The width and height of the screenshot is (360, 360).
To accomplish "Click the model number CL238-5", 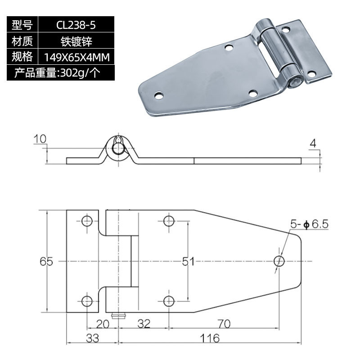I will [x=76, y=25].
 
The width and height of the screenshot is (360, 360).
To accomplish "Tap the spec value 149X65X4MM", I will [x=76, y=57].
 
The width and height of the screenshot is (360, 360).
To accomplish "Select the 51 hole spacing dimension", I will [x=188, y=261].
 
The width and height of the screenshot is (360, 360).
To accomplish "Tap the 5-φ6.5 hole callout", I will [x=310, y=224].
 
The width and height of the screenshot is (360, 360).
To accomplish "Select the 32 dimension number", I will [x=144, y=324].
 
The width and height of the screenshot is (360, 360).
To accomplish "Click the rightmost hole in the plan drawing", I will [x=279, y=261].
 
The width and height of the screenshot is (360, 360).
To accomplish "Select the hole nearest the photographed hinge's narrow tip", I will [x=158, y=95].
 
